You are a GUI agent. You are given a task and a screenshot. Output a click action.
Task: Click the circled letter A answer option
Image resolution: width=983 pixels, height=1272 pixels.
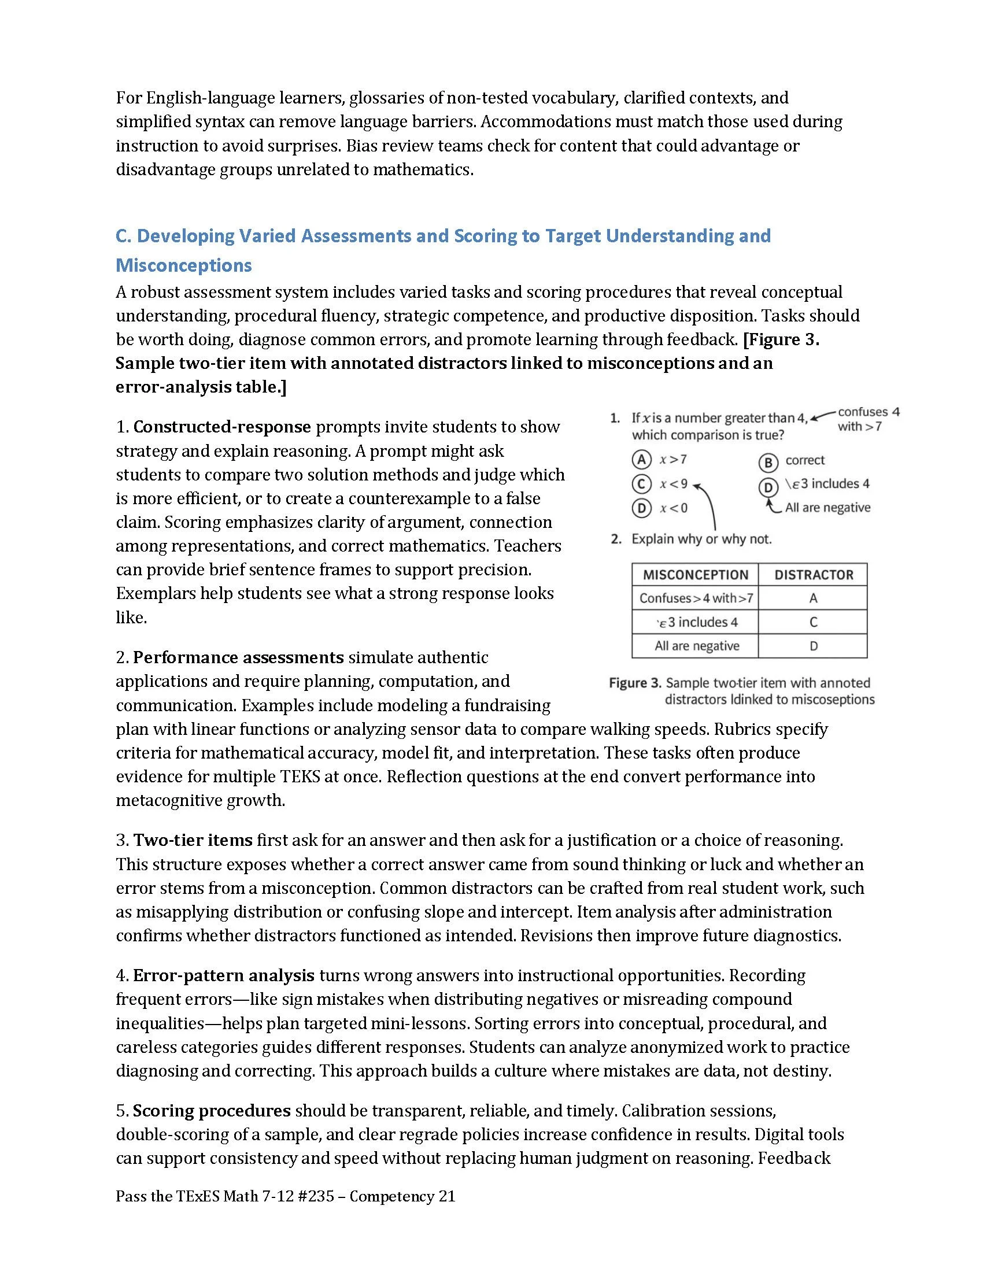pyautogui.click(x=641, y=460)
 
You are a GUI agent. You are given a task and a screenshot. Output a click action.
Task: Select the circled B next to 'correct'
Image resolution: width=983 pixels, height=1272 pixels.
pyautogui.click(x=768, y=462)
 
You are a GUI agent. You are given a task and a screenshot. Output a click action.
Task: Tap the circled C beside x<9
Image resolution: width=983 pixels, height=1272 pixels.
pyautogui.click(x=641, y=484)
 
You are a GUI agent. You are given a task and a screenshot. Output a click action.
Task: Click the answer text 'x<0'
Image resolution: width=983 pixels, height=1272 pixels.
pyautogui.click(x=673, y=508)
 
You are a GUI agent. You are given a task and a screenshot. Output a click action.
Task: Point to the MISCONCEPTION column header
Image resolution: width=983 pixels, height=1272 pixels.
pyautogui.click(x=695, y=575)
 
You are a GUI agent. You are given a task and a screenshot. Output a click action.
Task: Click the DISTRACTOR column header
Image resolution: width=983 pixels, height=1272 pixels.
pyautogui.click(x=814, y=575)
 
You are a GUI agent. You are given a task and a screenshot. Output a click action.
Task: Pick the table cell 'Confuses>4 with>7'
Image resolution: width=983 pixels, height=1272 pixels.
pyautogui.click(x=696, y=598)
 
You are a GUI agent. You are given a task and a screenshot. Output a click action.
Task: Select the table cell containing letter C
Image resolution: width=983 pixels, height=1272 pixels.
pyautogui.click(x=814, y=622)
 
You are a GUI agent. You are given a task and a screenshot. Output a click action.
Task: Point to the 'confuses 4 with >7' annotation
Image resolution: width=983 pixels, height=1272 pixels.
pyautogui.click(x=868, y=419)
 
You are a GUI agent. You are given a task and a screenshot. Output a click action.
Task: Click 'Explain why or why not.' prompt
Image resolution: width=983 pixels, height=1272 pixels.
pyautogui.click(x=701, y=539)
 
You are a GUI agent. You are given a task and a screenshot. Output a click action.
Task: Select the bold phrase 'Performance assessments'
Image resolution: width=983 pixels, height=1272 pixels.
pyautogui.click(x=238, y=657)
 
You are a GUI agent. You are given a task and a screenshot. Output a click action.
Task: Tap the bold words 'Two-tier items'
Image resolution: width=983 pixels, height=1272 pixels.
pyautogui.click(x=193, y=840)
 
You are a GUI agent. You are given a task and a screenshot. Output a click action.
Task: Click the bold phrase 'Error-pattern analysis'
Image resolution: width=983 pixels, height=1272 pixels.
pyautogui.click(x=224, y=975)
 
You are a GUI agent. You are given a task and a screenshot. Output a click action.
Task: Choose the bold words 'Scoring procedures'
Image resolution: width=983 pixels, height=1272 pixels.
pyautogui.click(x=212, y=1111)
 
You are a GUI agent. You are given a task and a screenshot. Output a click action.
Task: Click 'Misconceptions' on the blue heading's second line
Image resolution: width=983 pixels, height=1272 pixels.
pyautogui.click(x=183, y=265)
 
